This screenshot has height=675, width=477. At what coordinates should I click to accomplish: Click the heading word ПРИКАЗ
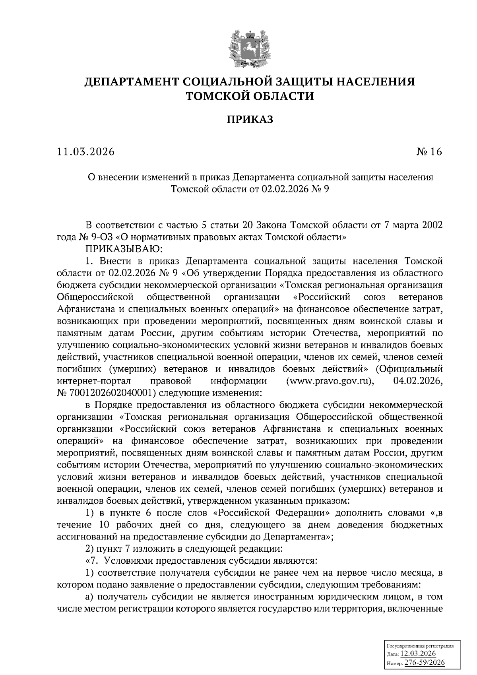(250, 119)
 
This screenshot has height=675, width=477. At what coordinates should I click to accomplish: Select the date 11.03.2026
(85, 152)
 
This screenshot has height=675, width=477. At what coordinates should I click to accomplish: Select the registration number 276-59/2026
(425, 663)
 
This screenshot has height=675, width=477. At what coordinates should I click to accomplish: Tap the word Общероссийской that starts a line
(94, 297)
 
